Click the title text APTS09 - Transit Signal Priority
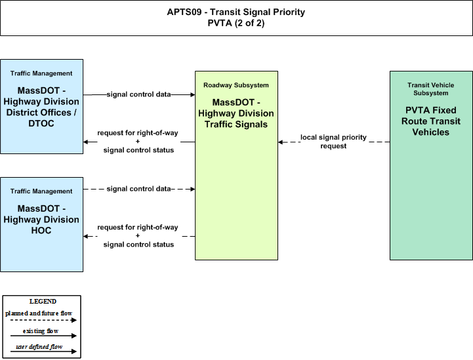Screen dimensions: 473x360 pos(236,12)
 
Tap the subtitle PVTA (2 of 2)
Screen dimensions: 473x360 pos(236,23)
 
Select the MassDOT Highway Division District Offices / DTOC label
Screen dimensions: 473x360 pos(41,107)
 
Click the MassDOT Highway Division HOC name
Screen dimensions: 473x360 pos(41,220)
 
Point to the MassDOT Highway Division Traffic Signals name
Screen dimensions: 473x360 pos(236,113)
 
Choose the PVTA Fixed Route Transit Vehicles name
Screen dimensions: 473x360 pos(431,121)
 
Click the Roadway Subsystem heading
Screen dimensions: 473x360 pos(236,85)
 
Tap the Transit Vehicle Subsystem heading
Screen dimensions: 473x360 pos(431,89)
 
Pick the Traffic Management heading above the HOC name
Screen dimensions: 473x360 pos(41,191)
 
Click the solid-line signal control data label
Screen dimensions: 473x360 pos(139,94)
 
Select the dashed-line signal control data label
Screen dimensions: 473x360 pos(139,189)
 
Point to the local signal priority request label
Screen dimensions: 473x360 pos(333,142)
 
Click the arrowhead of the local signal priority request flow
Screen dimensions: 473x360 pos(280,142)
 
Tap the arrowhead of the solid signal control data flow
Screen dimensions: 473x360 pos(193,94)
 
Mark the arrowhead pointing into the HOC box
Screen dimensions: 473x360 pos(86,236)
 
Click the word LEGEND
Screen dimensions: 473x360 pos(43,302)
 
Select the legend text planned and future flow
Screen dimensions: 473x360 pos(39,313)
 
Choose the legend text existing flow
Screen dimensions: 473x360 pos(41,331)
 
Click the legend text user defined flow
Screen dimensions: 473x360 pos(39,347)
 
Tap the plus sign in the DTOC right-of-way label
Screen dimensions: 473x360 pos(138,142)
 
